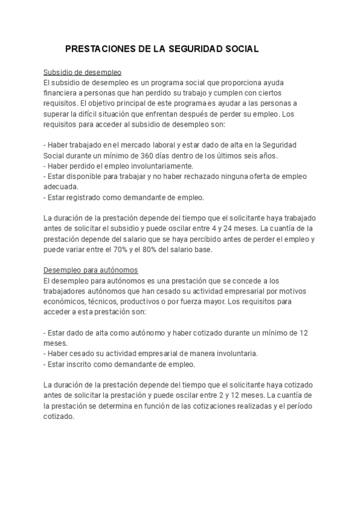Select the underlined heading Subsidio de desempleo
[83, 71]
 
